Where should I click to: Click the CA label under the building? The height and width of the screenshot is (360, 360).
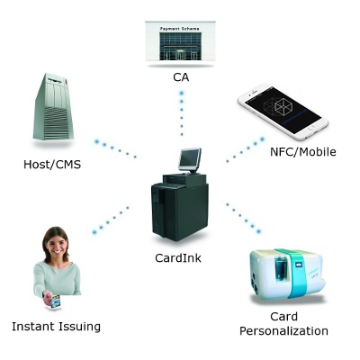tap(181, 77)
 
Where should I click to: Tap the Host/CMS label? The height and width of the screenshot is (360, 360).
tap(52, 165)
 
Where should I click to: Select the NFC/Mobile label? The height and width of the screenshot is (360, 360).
tap(303, 152)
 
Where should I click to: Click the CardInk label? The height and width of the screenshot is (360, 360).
tap(178, 258)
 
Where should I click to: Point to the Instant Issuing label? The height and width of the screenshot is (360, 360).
tap(56, 327)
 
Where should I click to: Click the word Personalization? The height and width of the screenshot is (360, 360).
tap(283, 331)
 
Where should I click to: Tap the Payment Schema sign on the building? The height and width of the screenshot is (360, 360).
tap(179, 29)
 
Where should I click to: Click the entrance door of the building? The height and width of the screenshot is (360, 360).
tap(180, 55)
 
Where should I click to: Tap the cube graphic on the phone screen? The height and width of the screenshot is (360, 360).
tap(277, 105)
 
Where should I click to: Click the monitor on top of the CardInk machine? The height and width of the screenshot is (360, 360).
tap(190, 159)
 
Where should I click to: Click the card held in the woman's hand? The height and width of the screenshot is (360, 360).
tap(56, 301)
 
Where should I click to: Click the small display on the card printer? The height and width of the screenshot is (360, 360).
tap(299, 265)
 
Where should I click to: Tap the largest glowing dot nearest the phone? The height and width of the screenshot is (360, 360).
tap(262, 139)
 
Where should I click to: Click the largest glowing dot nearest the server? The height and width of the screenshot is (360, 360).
tap(96, 141)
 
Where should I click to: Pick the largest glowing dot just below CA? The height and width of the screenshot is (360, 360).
tap(181, 94)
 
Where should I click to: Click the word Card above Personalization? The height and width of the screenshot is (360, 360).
tap(283, 317)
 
